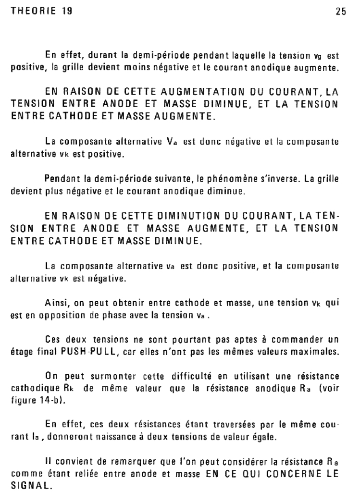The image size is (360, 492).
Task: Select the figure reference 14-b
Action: click(x=52, y=400)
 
